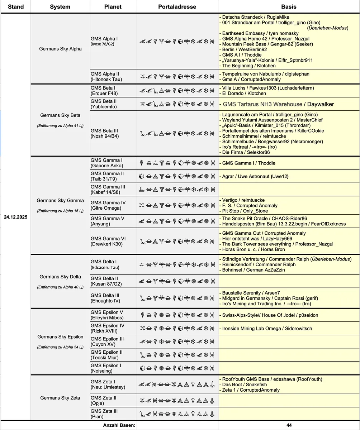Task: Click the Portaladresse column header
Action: tap(177, 7)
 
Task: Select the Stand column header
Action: tap(16, 7)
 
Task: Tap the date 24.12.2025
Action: tap(16, 217)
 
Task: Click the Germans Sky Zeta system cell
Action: tap(60, 398)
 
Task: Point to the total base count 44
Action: tap(289, 425)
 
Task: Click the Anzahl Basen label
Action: tap(119, 425)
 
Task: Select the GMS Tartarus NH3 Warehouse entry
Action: tap(262, 104)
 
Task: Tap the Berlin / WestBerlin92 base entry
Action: tap(245, 49)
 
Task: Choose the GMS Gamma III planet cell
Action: tap(108, 189)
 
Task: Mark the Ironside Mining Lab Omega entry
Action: tap(267, 328)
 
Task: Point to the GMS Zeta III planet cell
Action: tap(104, 414)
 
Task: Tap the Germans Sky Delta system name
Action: tap(60, 277)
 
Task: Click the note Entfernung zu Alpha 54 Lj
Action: tap(60, 347)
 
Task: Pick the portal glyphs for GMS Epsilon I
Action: tap(177, 368)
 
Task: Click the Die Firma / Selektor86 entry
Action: tap(246, 152)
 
